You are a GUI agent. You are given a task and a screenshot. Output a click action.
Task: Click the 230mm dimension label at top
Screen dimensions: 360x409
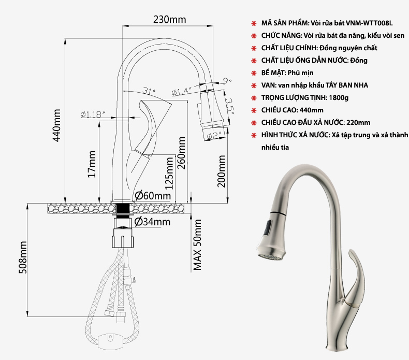click(169, 20)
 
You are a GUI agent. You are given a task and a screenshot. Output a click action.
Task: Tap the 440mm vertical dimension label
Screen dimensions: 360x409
click(57, 125)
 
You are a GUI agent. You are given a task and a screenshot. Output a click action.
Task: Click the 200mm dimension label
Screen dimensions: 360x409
click(222, 171)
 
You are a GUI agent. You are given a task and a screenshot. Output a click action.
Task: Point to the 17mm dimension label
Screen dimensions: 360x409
click(92, 165)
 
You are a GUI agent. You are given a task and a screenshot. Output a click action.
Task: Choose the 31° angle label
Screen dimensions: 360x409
click(149, 92)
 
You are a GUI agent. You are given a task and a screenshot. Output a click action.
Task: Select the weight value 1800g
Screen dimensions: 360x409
click(339, 97)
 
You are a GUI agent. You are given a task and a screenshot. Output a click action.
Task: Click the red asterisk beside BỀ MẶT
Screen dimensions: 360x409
click(253, 73)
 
